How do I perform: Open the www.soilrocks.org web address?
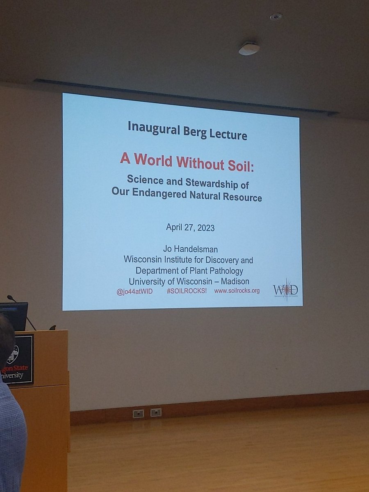coord(237,291)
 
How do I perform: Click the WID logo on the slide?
coord(285,290)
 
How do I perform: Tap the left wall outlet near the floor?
coord(138,413)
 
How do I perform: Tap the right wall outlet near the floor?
coord(156,412)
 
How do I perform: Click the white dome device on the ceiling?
coord(249,48)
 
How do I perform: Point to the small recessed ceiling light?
coord(276,16)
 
